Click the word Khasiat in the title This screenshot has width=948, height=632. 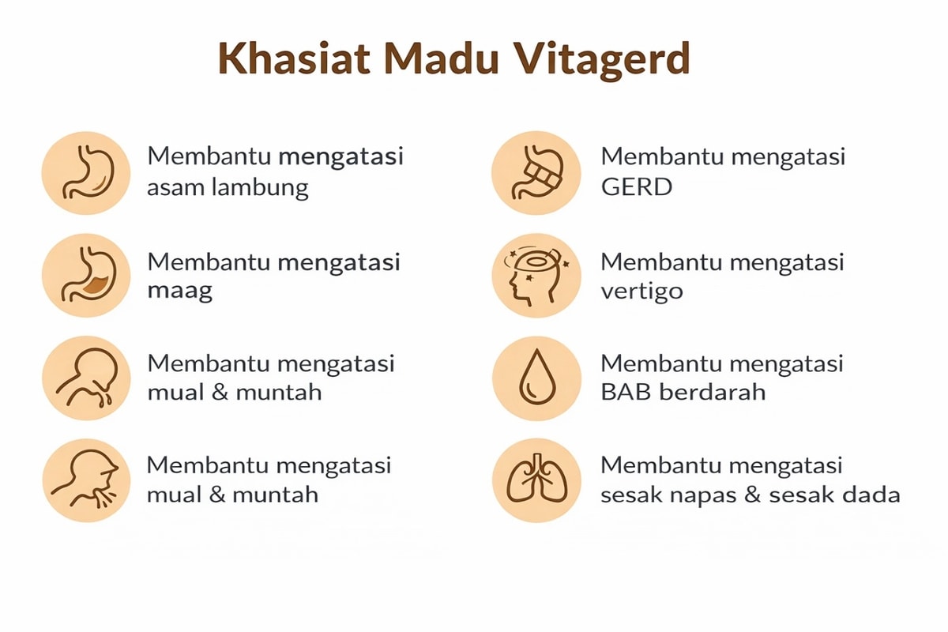[294, 58]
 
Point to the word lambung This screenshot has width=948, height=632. [260, 187]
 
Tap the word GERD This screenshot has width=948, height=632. [637, 187]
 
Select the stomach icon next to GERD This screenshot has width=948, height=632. [536, 173]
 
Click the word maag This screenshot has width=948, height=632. [180, 292]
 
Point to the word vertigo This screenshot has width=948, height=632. [642, 292]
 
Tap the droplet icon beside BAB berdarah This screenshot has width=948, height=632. [536, 378]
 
